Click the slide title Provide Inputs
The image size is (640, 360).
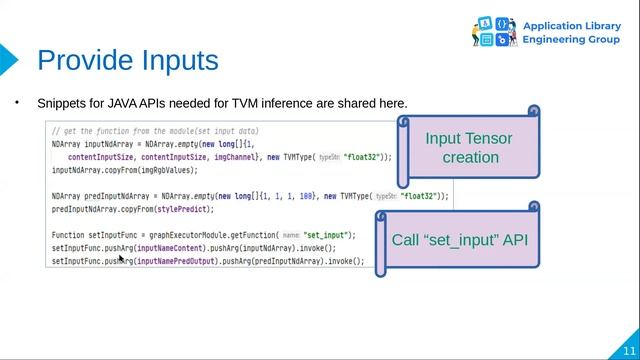[127, 60]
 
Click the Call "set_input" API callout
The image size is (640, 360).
[459, 240]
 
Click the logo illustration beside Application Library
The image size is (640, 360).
[493, 31]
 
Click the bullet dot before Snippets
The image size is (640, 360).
[17, 102]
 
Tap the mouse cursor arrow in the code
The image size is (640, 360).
[121, 259]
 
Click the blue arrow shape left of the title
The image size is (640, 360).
[8, 61]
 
